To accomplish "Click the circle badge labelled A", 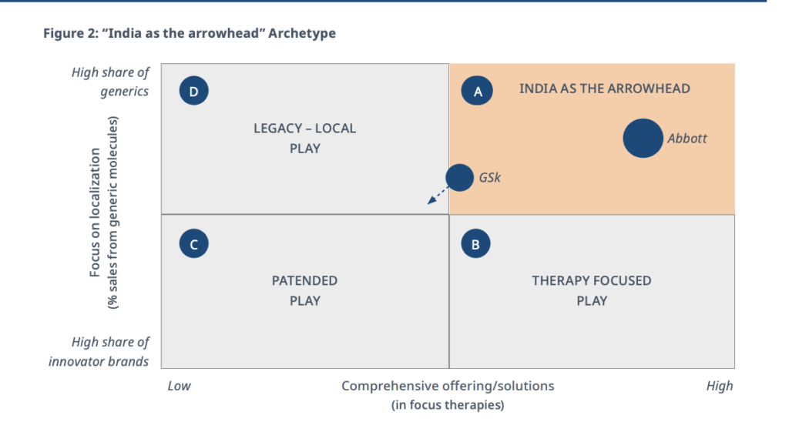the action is coord(476,91).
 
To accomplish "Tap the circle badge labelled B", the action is coord(475,243).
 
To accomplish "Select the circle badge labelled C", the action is coord(193,243).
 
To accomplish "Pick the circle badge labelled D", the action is coord(193,91).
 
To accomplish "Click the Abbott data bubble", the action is coord(643,139).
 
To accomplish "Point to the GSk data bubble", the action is coord(459,178).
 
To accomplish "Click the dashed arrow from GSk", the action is coord(438,195).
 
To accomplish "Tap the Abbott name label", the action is coord(687,139).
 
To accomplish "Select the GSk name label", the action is coord(489,178).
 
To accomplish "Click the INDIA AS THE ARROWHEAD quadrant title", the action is coord(604,89).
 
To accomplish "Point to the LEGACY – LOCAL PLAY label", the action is coord(304,139).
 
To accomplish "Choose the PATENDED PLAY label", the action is coord(304,291).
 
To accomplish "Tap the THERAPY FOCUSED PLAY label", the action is coord(591,291).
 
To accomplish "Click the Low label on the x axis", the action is coord(179,386).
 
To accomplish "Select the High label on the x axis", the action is coord(720,386).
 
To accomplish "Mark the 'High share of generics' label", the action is coord(110,82).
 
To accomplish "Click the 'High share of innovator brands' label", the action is coord(99,352).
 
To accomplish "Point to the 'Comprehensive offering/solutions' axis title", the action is coord(448,386).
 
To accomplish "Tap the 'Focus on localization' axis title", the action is coord(95,213).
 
